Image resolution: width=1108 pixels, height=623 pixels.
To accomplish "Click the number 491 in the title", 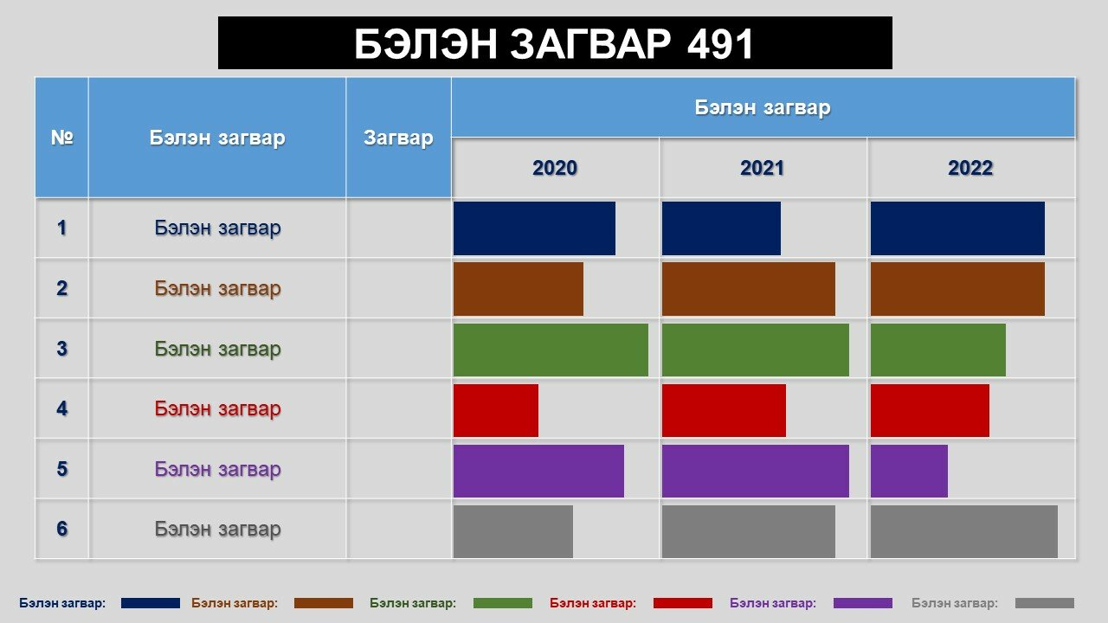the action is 719,43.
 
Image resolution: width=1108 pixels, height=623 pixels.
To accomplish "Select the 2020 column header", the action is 555,168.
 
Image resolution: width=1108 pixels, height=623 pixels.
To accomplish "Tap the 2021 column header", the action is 763,168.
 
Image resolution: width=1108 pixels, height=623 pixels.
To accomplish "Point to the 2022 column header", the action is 970,168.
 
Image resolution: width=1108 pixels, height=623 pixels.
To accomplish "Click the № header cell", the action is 61,138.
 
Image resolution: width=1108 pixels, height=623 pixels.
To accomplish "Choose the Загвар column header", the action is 398,138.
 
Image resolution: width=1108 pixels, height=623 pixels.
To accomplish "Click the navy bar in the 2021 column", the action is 721,228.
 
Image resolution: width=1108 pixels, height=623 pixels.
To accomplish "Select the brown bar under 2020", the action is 519,289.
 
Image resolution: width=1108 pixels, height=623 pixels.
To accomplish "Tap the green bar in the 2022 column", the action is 937,350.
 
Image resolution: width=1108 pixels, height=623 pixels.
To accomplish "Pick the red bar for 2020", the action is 496,410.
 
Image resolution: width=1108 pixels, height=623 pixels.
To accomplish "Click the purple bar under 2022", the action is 909,471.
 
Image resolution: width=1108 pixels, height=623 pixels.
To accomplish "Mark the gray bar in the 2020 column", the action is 513,531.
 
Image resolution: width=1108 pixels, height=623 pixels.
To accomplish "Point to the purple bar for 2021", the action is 756,471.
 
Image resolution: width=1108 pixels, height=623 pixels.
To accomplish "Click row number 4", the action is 61,408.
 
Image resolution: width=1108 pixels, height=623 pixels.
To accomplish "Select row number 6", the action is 61,529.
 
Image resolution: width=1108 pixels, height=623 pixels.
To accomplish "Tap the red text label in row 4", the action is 217,408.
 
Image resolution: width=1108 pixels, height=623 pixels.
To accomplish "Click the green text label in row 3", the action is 217,349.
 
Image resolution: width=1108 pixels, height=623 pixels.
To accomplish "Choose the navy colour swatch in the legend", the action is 151,603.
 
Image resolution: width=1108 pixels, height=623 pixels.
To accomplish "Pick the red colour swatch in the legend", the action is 683,603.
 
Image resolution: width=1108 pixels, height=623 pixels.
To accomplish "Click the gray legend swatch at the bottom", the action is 1045,603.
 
